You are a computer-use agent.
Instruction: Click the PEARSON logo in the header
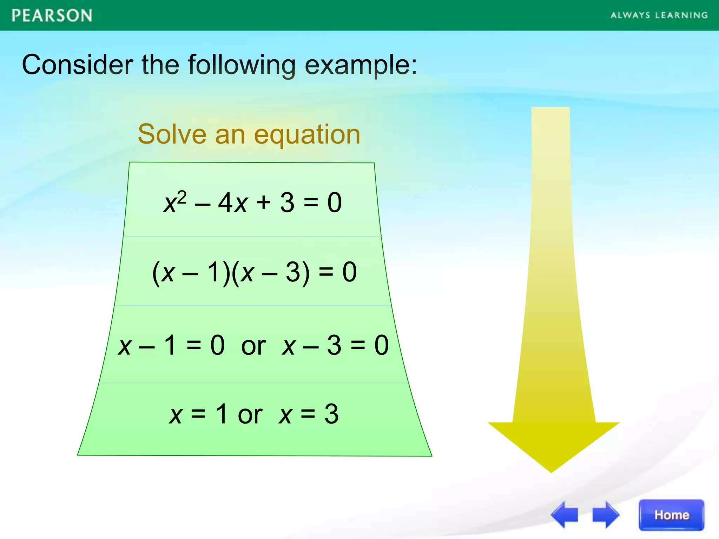coord(52,16)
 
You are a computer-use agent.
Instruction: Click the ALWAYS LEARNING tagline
coord(659,15)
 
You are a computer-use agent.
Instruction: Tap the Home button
coord(671,515)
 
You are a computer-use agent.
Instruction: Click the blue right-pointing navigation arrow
coord(606,515)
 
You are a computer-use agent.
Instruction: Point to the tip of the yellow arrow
coord(551,471)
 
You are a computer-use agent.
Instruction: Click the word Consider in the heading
coord(77,65)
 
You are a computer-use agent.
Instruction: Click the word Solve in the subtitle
coord(172,134)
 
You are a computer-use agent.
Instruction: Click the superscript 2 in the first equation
coord(182,198)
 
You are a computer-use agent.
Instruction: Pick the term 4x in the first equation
coord(233,203)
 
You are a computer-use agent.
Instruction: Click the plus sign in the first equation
coord(263,203)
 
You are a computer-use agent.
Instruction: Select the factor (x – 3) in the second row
coord(271,272)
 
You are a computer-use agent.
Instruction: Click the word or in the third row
coord(253,346)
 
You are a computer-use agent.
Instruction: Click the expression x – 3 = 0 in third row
coord(335,345)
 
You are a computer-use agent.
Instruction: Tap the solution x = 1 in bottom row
coord(198,414)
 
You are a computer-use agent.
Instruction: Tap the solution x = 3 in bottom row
coord(309,414)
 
